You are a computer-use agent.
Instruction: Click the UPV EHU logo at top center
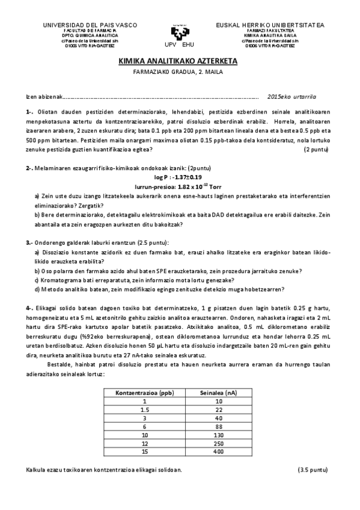[x=178, y=34]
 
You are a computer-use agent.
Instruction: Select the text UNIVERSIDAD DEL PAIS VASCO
[x=90, y=25]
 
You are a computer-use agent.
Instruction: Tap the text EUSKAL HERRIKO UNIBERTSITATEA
[x=270, y=25]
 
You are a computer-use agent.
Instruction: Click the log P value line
[x=180, y=178]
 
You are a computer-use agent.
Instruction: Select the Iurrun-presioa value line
[x=180, y=187]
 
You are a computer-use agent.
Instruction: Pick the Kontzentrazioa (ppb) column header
[x=145, y=393]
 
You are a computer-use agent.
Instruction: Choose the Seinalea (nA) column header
[x=218, y=393]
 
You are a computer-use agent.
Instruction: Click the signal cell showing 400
[x=218, y=451]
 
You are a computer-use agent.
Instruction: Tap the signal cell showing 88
[x=218, y=426]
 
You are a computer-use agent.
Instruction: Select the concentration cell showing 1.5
[x=145, y=409]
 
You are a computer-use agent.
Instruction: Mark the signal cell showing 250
[x=218, y=443]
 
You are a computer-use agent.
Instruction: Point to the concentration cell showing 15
[x=145, y=451]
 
